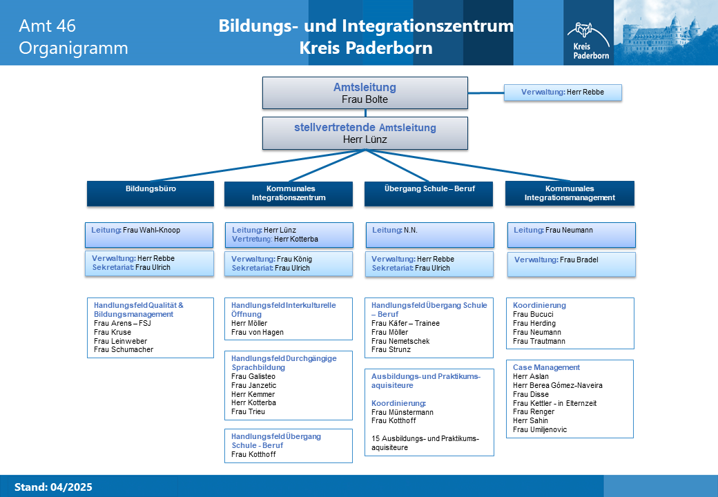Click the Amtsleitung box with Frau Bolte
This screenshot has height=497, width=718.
pyautogui.click(x=365, y=93)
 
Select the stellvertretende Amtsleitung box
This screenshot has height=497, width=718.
pyautogui.click(x=365, y=133)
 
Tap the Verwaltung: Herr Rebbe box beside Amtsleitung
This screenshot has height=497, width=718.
pyautogui.click(x=563, y=92)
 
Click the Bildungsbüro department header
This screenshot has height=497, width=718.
pyautogui.click(x=151, y=193)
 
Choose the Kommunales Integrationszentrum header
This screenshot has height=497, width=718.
pyautogui.click(x=289, y=193)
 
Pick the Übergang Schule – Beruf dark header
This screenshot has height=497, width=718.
pyautogui.click(x=429, y=193)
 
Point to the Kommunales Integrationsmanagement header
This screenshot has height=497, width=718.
pyautogui.click(x=570, y=193)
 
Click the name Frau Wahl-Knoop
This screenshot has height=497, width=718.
pyautogui.click(x=152, y=230)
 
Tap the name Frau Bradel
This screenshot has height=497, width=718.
pyautogui.click(x=579, y=260)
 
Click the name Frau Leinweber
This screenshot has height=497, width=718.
pyautogui.click(x=120, y=341)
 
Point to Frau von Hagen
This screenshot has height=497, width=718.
pyautogui.click(x=258, y=332)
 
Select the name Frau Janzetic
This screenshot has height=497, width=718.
pyautogui.click(x=253, y=385)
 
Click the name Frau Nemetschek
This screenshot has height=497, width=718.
pyautogui.click(x=400, y=341)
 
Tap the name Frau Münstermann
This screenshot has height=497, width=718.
pyautogui.click(x=402, y=412)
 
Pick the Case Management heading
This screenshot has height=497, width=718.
pyautogui.click(x=546, y=367)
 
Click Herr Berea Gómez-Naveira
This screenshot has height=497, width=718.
pyautogui.click(x=558, y=385)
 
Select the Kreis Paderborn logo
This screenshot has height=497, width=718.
pyautogui.click(x=588, y=41)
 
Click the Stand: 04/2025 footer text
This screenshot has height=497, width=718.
pyautogui.click(x=53, y=487)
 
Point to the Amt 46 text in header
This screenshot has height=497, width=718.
pyautogui.click(x=47, y=26)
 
